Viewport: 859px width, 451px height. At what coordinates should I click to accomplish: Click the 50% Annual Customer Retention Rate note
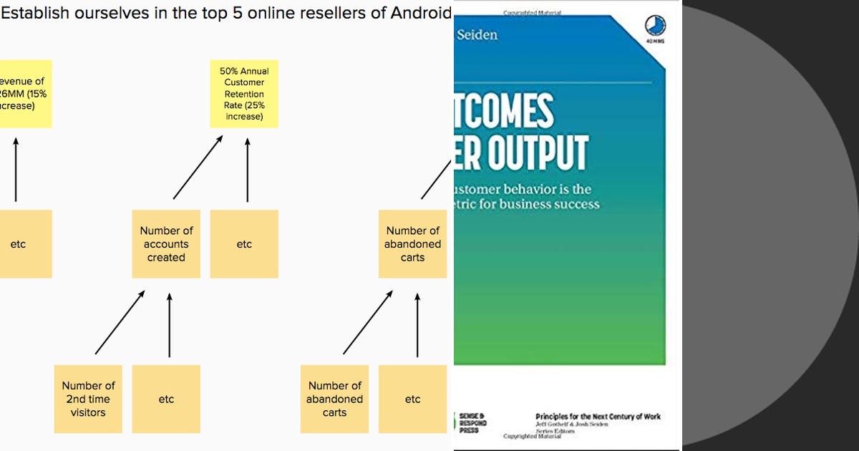click(244, 94)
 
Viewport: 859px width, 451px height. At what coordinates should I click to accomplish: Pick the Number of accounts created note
click(166, 244)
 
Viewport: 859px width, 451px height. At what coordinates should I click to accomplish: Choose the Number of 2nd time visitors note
click(88, 399)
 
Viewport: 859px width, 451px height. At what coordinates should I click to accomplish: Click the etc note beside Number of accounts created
click(244, 244)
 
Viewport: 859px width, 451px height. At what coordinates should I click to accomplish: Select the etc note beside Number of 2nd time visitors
click(166, 399)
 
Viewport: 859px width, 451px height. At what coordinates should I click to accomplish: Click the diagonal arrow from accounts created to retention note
click(199, 168)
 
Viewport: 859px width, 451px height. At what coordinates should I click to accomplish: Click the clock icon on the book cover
click(654, 26)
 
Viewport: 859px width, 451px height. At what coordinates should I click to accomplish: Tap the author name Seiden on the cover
click(477, 34)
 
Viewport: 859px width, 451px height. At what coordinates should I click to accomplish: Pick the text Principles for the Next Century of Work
click(598, 417)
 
